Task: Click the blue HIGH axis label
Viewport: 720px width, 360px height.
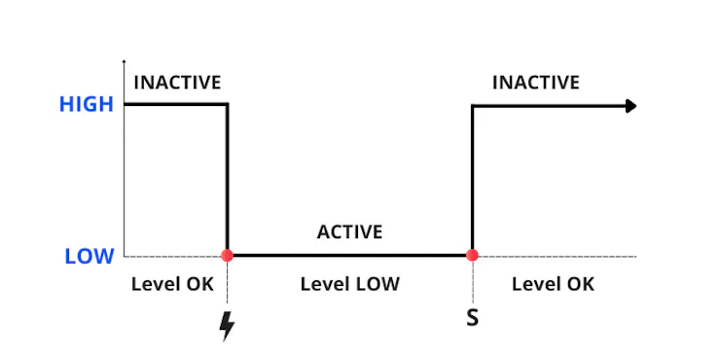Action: click(87, 105)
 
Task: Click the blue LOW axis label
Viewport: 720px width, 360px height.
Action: click(90, 256)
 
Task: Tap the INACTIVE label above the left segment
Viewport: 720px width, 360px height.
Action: click(177, 83)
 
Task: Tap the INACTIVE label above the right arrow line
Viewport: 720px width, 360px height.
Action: click(536, 83)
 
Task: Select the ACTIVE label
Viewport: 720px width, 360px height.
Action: click(349, 233)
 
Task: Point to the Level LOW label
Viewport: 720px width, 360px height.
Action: click(350, 284)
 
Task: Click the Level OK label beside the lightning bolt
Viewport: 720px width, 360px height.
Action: click(172, 284)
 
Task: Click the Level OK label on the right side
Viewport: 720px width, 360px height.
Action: click(553, 284)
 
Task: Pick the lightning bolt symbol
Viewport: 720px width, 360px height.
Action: click(227, 326)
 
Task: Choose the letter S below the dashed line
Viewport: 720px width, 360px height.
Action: click(473, 318)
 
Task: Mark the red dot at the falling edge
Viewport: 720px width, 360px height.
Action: click(227, 255)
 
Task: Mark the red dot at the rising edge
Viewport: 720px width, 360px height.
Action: click(472, 255)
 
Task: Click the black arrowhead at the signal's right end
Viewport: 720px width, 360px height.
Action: click(630, 106)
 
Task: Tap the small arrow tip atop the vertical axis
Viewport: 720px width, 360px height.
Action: click(124, 60)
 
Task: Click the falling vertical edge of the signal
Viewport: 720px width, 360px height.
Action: click(227, 180)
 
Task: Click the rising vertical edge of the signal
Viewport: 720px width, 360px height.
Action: click(472, 180)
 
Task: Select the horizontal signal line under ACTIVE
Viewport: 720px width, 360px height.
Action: click(349, 255)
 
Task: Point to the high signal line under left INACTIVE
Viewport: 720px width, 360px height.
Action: click(175, 105)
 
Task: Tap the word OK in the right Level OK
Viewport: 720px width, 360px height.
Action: click(581, 284)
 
